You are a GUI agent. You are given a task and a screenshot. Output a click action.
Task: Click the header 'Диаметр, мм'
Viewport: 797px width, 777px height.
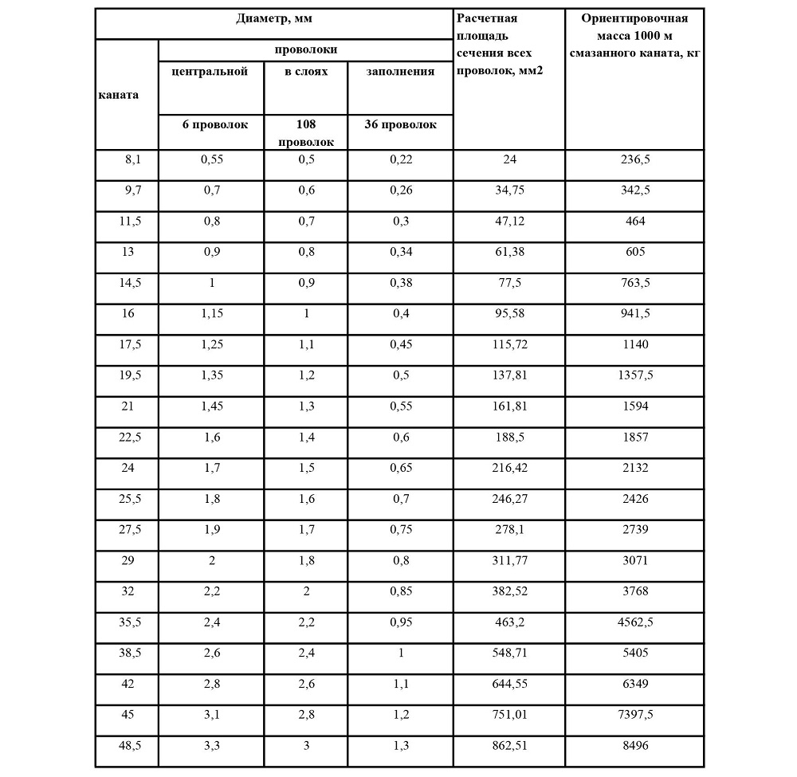coord(273,18)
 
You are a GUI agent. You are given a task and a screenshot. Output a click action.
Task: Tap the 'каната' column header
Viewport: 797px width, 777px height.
coord(118,94)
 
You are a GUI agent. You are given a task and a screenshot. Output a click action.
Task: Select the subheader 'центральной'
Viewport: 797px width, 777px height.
coord(211,72)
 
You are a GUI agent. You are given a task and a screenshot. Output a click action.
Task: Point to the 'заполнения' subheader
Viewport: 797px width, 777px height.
coord(400,72)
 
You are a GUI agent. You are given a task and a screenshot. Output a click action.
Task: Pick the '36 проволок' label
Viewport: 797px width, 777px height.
coord(400,124)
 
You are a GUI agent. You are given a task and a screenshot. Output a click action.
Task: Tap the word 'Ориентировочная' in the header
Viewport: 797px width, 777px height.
coord(635,18)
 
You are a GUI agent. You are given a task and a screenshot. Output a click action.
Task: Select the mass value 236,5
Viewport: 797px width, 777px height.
coord(635,159)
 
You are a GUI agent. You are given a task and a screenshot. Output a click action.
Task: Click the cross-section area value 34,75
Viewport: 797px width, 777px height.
coord(509,190)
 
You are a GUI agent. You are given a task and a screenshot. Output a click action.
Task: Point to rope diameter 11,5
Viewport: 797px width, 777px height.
coord(129,221)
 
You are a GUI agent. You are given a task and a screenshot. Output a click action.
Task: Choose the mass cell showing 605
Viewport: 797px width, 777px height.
coord(635,252)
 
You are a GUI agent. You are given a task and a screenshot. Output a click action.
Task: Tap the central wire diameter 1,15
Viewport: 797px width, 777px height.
coord(211,313)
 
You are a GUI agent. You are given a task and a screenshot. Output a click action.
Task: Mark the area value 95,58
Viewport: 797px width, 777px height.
coord(509,313)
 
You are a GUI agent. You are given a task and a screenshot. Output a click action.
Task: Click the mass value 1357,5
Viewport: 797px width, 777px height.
coord(635,375)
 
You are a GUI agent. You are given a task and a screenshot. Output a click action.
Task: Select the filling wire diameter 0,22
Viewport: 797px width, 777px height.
coord(400,159)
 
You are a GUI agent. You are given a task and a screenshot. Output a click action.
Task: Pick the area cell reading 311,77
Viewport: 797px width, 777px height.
coord(509,560)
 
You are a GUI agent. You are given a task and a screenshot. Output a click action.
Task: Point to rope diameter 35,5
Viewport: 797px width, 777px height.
coord(129,622)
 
